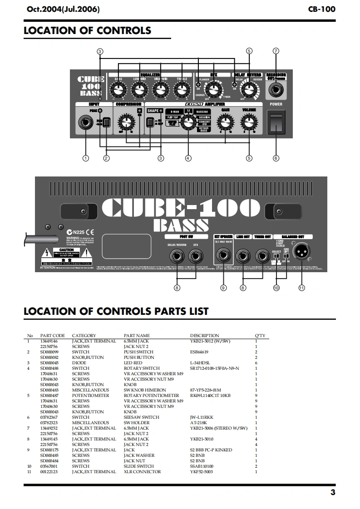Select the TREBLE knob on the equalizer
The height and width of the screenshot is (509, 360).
click(x=181, y=90)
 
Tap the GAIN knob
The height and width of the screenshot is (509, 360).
click(x=223, y=122)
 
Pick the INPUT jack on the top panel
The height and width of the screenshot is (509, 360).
click(x=85, y=122)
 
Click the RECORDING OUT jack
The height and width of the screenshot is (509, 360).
click(x=276, y=89)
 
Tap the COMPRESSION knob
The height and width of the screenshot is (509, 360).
click(x=124, y=122)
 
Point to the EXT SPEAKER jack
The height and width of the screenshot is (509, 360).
click(x=223, y=258)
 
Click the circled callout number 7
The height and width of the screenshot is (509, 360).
click(x=276, y=51)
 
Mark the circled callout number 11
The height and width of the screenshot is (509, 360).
click(x=301, y=288)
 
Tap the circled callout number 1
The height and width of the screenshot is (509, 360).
click(x=85, y=158)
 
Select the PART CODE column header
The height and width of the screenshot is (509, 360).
click(x=52, y=336)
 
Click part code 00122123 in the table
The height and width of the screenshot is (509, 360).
click(x=49, y=471)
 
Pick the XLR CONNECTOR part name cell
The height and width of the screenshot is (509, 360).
click(x=142, y=471)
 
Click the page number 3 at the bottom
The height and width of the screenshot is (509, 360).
click(x=333, y=493)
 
